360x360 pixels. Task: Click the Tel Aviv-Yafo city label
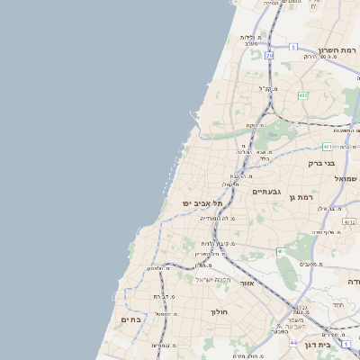(202, 203)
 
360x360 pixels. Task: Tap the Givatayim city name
(268, 191)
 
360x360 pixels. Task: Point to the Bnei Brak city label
(321, 163)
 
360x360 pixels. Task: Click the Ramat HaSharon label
(337, 50)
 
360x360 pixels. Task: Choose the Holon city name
(220, 311)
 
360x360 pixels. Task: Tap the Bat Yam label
(130, 319)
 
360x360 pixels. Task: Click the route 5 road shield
(292, 46)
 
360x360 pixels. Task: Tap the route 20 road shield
(268, 55)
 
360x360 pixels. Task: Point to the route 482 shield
(302, 94)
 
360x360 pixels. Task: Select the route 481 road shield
(328, 146)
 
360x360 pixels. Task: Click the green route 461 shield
(280, 251)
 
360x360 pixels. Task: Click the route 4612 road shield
(348, 221)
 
